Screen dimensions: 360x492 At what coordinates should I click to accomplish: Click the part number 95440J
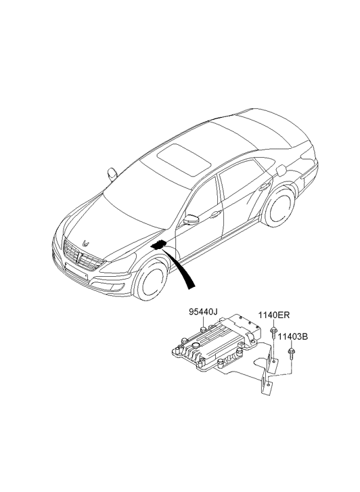[x=203, y=312]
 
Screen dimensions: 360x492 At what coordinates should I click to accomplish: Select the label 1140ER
[x=274, y=315]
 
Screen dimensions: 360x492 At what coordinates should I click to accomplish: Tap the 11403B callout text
[x=292, y=337]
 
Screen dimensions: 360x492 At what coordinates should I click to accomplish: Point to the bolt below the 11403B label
[x=291, y=354]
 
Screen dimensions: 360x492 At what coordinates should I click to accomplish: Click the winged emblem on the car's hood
[x=86, y=243]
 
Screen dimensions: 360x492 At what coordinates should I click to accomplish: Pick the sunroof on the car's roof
[x=184, y=160]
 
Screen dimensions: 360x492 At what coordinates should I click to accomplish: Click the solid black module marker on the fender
[x=159, y=244]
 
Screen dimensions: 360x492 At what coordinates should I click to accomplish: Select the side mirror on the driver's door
[x=191, y=219]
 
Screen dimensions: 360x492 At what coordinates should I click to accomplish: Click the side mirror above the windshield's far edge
[x=112, y=174]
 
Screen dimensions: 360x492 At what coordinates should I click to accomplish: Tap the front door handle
[x=216, y=215]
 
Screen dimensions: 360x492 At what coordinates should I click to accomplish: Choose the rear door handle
[x=264, y=187]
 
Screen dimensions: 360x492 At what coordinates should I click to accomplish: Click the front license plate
[x=76, y=271]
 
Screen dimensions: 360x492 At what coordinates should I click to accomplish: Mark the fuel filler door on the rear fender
[x=282, y=170]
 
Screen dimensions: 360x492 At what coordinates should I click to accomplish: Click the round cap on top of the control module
[x=196, y=345]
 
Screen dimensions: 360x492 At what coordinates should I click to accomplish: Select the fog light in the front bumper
[x=117, y=287]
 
